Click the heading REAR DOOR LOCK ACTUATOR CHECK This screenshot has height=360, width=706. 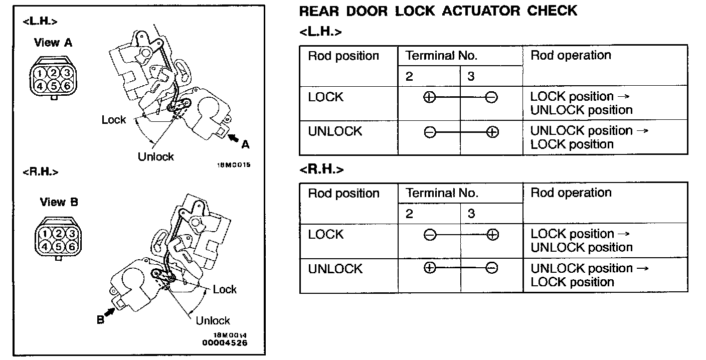(x=438, y=11)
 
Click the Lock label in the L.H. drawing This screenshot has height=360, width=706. (x=114, y=120)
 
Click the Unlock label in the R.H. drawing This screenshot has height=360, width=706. (x=213, y=320)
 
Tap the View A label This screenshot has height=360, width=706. (x=53, y=43)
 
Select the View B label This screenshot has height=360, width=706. (x=59, y=202)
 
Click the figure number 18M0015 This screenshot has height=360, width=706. (x=233, y=164)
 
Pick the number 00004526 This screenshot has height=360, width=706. (x=225, y=343)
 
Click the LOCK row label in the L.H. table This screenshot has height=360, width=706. (x=326, y=97)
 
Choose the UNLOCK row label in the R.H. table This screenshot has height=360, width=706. (x=335, y=269)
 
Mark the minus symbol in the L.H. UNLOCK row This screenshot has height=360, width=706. (x=430, y=132)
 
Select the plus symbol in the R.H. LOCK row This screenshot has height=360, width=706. (x=492, y=235)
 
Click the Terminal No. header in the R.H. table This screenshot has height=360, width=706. (x=442, y=193)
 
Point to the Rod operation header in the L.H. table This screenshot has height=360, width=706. (x=571, y=56)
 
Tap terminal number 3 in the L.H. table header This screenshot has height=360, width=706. (x=471, y=77)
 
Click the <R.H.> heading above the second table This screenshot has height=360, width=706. (x=321, y=169)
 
